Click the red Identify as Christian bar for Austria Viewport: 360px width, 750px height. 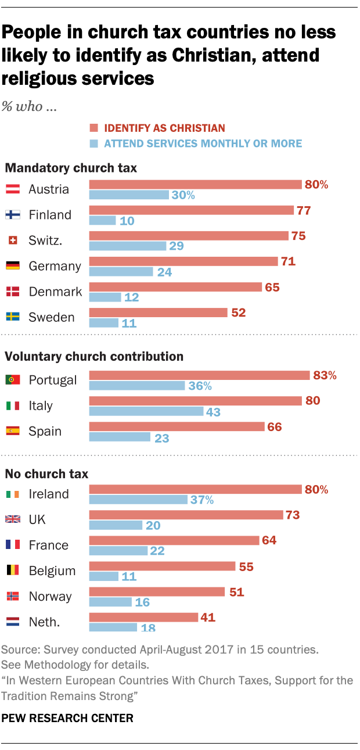coord(195,185)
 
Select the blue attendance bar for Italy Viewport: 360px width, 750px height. coord(146,411)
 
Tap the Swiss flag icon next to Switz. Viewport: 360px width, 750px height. coord(12,241)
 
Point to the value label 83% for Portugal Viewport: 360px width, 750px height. coord(324,375)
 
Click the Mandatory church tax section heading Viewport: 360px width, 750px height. coord(71,168)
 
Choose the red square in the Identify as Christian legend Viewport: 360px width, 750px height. coord(92,128)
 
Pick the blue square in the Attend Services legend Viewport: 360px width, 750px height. coord(92,143)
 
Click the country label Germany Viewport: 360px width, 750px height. coord(55,266)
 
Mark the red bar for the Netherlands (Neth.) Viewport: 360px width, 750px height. coord(143,617)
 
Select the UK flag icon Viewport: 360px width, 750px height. coord(12,519)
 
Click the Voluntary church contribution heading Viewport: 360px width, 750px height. coord(94,357)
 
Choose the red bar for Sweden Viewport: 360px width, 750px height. coord(157,313)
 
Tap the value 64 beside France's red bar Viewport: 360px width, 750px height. coord(269,540)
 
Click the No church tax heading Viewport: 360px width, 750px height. coord(46,474)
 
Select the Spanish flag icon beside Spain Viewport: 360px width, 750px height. coord(12,431)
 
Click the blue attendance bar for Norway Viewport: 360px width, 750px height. coord(110,602)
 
